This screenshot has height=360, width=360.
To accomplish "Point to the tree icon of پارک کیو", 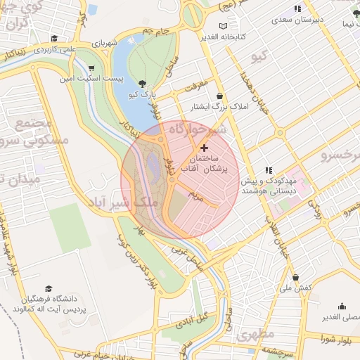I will [x=143, y=83].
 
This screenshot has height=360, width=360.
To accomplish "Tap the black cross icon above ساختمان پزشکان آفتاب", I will [x=205, y=148].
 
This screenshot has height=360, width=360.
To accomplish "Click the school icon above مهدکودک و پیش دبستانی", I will [x=268, y=170].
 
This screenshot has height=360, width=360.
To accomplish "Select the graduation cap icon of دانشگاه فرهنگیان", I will [x=48, y=288].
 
